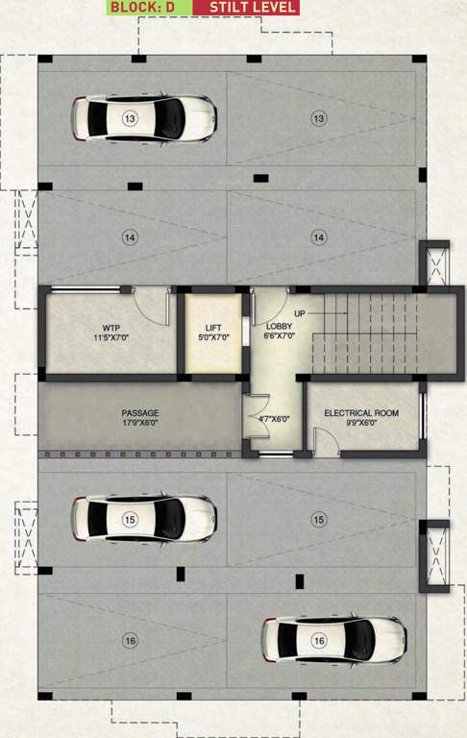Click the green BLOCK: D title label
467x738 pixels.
point(141,7)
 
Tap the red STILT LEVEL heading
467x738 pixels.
point(245,7)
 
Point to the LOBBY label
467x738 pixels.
point(281,327)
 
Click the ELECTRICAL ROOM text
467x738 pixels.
point(361,412)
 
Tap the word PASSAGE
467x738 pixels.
point(139,411)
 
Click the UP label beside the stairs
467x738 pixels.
point(300,314)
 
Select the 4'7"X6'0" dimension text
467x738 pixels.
point(274,418)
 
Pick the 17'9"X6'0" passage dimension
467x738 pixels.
point(139,421)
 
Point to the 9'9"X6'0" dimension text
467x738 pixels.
point(361,422)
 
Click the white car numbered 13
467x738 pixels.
point(142,117)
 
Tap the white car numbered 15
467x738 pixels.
point(142,519)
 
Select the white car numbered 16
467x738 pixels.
point(333,639)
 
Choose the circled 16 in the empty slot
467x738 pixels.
point(129,639)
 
